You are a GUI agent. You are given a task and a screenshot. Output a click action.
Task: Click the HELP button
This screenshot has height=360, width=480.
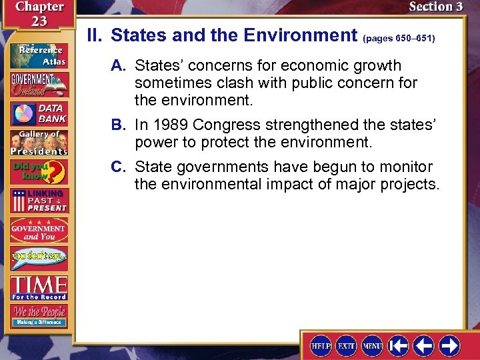[x=321, y=345]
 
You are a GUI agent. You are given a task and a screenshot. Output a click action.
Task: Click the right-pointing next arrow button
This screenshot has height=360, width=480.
[x=449, y=345]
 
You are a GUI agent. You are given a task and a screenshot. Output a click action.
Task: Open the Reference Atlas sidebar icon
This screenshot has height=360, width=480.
[x=38, y=54]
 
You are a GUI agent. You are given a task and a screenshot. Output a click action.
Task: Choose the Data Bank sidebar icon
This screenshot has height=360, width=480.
[x=38, y=113]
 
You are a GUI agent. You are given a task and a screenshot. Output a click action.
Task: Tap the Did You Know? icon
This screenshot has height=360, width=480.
[x=38, y=173]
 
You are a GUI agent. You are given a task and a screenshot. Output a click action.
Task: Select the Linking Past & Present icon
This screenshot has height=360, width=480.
[x=38, y=201]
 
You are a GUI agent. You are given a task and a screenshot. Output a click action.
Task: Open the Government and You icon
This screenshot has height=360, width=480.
[x=38, y=231]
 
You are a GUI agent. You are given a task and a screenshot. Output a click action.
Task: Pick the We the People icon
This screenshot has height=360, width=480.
[x=38, y=315]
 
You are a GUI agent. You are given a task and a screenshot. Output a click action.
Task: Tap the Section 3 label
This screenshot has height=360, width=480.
[x=435, y=7]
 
